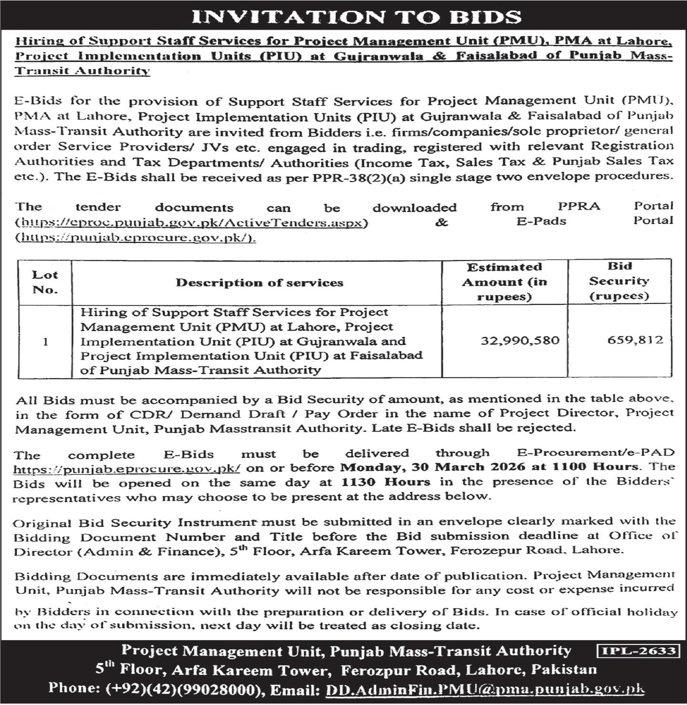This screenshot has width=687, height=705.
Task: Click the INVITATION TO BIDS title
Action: (356, 17)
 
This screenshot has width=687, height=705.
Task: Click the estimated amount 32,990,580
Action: (520, 341)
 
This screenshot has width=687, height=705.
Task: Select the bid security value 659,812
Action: (635, 340)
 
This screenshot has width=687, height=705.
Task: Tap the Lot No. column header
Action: (45, 282)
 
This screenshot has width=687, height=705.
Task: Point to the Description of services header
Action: (259, 282)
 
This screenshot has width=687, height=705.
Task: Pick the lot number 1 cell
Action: (45, 342)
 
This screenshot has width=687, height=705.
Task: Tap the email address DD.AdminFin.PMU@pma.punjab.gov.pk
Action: (485, 689)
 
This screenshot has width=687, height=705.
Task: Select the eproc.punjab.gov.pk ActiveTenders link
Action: (192, 222)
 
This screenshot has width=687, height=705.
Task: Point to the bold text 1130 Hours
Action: (385, 482)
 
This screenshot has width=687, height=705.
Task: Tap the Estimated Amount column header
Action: (504, 282)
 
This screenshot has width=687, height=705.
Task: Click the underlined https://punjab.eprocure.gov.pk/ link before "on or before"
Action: (127, 469)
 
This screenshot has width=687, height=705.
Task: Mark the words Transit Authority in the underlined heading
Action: (82, 70)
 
